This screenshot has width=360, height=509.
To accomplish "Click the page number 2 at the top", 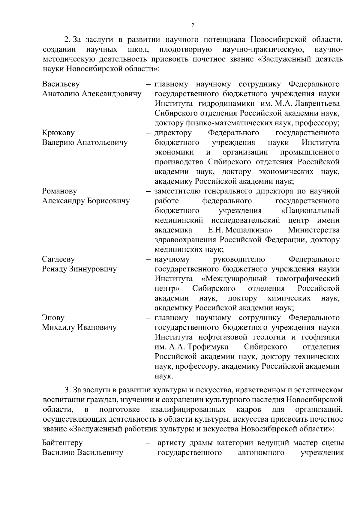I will [x=193, y=26].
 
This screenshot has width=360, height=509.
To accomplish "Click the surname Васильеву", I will [x=61, y=84].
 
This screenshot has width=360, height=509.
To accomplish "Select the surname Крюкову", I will [x=58, y=133].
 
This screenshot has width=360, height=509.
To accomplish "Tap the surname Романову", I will [x=59, y=191].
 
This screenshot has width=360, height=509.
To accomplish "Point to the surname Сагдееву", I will [x=58, y=259].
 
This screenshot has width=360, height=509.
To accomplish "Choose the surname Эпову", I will [x=53, y=318].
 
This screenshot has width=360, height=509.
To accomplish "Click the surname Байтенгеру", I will [x=62, y=443].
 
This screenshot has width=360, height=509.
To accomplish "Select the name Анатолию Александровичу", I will [x=91, y=94].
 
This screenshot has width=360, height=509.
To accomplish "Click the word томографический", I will [x=307, y=279].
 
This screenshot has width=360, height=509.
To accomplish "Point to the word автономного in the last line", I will [x=261, y=453].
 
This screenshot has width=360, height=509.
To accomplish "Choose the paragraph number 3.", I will [x=67, y=390].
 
